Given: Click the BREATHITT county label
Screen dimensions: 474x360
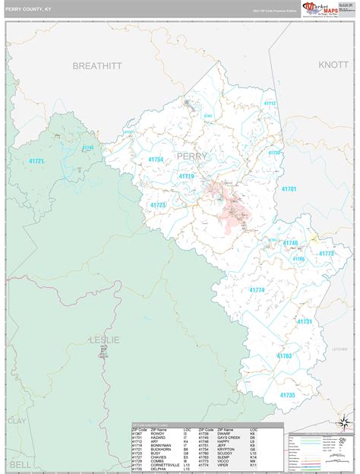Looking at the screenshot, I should (x=96, y=66).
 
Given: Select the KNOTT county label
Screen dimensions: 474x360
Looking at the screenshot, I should (x=333, y=65).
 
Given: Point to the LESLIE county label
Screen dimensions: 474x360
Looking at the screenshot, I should (x=104, y=340).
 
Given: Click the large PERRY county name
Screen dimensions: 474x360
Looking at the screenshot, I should (x=191, y=156).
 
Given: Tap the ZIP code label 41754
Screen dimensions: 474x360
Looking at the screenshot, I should (x=156, y=160).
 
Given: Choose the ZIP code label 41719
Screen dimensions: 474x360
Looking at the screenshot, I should (x=187, y=176).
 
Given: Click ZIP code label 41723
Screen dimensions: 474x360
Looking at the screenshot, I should (x=158, y=205).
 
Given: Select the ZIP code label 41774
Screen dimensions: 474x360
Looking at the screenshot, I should (x=257, y=290).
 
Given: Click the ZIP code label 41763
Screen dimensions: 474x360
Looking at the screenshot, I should (x=284, y=355).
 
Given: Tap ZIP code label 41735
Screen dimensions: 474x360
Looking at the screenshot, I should (x=287, y=395).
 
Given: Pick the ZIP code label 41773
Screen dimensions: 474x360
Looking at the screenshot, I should (x=326, y=254).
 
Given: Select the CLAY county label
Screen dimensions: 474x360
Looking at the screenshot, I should (x=17, y=420).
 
